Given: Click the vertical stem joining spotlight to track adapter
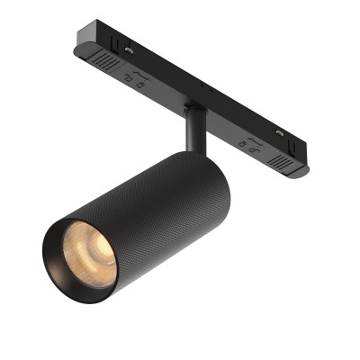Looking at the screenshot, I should coord(193,130).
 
